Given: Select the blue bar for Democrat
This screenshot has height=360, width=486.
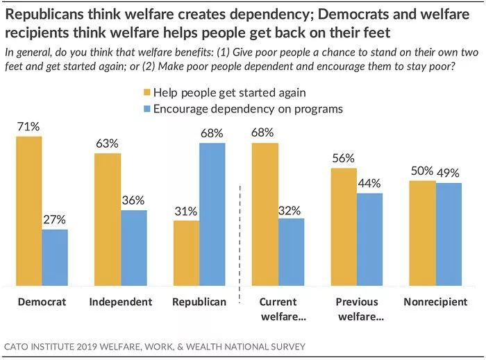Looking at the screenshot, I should click(x=55, y=257).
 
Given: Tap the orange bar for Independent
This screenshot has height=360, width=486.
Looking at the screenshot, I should click(x=108, y=219).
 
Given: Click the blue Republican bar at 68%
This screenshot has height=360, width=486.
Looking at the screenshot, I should click(x=212, y=214).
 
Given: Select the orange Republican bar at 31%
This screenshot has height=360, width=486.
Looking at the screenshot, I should click(x=186, y=253).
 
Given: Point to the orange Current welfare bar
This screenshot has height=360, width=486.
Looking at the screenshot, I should click(x=265, y=214).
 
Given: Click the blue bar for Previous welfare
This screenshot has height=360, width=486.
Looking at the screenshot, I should click(x=369, y=239).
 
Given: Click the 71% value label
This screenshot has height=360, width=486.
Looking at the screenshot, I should click(x=29, y=127).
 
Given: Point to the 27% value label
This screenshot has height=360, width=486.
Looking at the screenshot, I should click(x=55, y=220).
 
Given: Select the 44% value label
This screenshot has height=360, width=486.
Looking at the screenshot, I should click(x=369, y=184).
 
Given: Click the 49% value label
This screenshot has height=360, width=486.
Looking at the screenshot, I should click(x=449, y=172).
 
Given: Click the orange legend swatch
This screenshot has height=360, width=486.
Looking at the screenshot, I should click(x=146, y=92).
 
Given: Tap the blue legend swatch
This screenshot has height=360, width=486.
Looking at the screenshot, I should click(x=146, y=109).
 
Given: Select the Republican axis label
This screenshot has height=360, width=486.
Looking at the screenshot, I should click(x=199, y=302).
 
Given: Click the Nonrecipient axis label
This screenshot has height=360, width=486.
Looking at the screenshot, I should click(x=435, y=302).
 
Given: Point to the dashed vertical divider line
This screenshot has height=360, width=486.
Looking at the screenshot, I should click(x=240, y=236).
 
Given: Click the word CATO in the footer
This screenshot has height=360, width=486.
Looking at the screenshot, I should click(x=18, y=346).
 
